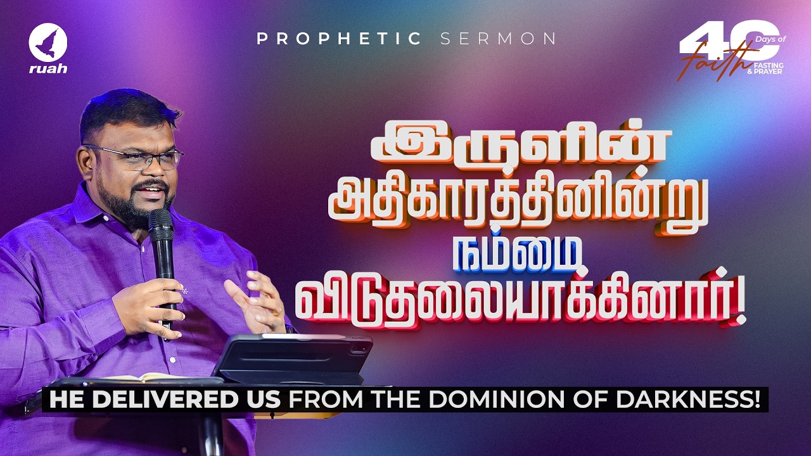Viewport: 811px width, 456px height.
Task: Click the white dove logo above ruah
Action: [x=48, y=43]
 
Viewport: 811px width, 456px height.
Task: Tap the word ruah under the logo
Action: [x=48, y=68]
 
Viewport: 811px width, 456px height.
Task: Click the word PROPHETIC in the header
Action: [x=339, y=39]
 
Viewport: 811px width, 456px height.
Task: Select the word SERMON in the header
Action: [x=498, y=39]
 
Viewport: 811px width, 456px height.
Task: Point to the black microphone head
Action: [x=160, y=222]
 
